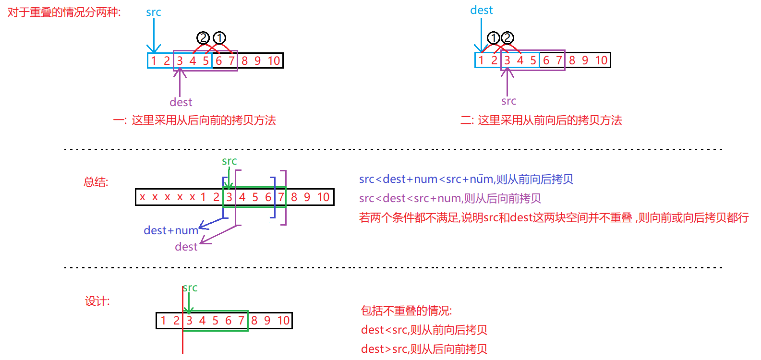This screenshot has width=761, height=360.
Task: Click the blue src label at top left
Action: [154, 12]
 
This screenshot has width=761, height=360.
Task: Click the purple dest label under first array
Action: [181, 102]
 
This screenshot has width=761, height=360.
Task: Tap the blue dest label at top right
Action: [482, 11]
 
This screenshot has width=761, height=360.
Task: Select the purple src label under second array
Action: [508, 101]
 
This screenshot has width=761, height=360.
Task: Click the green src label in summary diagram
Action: [230, 161]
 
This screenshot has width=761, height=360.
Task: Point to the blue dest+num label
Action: [171, 230]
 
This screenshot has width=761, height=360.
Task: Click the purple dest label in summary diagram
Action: [186, 247]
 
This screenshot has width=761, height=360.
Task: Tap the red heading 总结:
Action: [96, 182]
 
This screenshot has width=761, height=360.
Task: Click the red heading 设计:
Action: [97, 301]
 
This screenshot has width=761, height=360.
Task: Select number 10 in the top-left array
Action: [274, 60]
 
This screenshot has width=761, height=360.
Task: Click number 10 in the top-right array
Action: [601, 60]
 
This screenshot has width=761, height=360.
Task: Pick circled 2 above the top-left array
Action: [203, 38]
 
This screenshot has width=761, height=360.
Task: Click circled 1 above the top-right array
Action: [494, 38]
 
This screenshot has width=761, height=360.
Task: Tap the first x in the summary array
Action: [143, 197]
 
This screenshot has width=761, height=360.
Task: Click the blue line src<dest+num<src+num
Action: [466, 180]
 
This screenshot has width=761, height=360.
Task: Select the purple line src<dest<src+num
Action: [450, 198]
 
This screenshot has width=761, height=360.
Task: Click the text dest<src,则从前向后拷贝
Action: [424, 330]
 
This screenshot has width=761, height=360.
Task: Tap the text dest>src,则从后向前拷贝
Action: [424, 349]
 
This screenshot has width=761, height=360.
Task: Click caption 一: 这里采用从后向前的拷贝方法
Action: [194, 120]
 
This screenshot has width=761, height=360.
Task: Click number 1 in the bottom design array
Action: [163, 320]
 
